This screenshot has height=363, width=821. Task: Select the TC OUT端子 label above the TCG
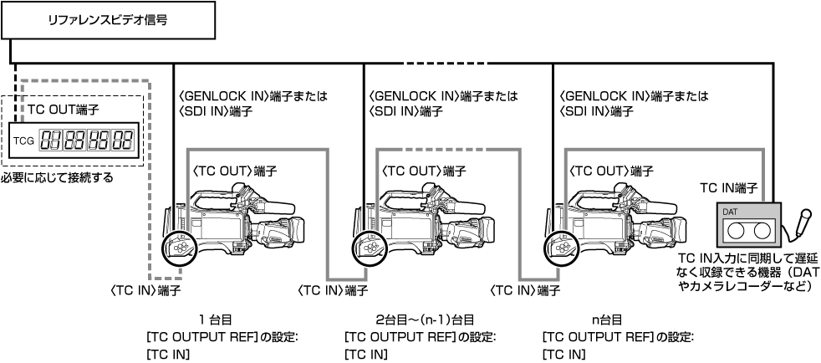(x=52, y=110)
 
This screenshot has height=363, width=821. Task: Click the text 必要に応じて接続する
(x=57, y=178)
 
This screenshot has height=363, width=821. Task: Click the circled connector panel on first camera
(x=177, y=247)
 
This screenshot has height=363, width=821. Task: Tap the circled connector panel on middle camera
(x=367, y=247)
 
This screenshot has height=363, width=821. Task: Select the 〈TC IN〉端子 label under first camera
(x=145, y=290)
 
